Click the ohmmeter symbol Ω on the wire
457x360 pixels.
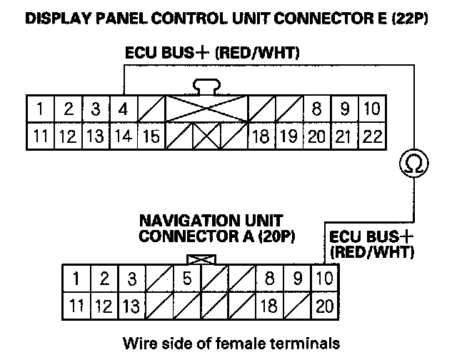[x=414, y=165]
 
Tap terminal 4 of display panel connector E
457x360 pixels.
[x=123, y=110]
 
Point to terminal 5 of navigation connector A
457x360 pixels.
[x=186, y=278]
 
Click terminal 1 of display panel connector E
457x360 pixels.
[x=42, y=110]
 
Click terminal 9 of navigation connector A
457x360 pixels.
[x=298, y=278]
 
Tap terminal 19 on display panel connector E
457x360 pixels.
[x=288, y=136]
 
